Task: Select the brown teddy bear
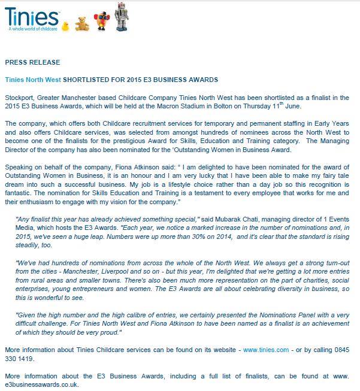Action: point(80,22)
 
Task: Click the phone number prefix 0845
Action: point(345,349)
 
